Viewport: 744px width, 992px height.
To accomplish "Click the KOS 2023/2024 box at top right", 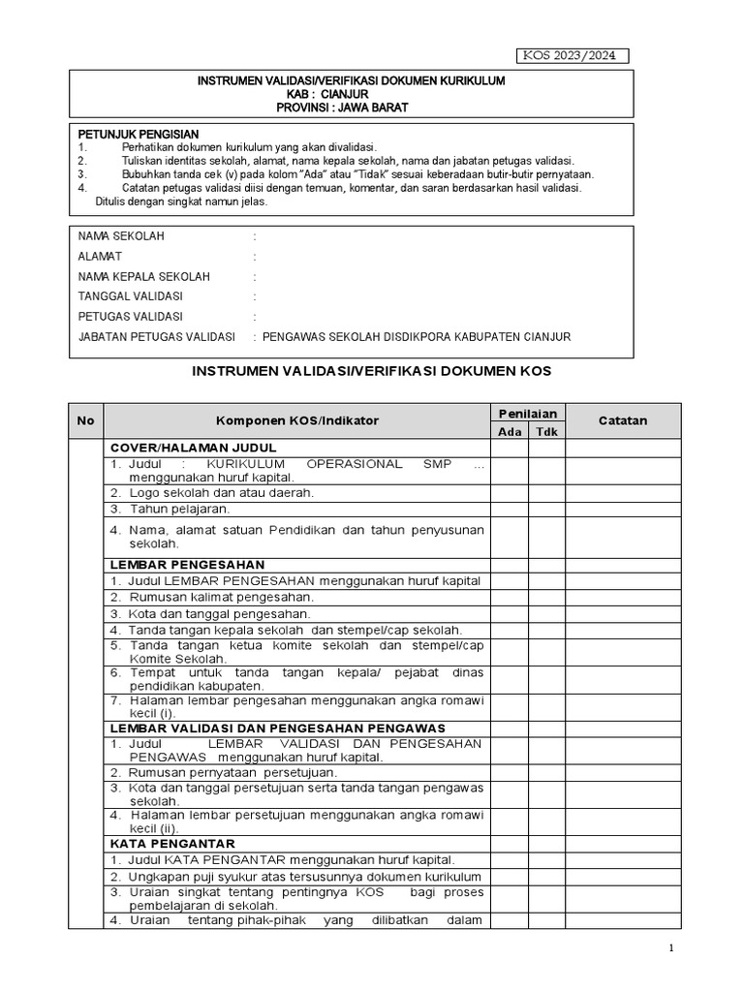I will click(571, 55).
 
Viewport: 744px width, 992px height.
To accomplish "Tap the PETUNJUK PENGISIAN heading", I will click(138, 134).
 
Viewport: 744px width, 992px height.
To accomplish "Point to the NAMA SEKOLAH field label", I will click(121, 236).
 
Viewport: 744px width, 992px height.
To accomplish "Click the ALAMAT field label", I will click(99, 257).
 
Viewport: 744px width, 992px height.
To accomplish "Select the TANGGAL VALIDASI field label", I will click(130, 296).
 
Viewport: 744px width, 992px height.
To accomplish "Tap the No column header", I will click(85, 420).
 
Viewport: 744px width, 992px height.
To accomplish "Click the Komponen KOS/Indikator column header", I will click(297, 420).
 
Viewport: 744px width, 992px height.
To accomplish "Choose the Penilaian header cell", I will click(528, 413).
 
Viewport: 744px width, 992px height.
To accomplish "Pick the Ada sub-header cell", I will click(510, 431).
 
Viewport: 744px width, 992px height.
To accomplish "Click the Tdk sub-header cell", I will click(546, 431).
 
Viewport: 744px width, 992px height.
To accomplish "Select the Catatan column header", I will click(623, 420).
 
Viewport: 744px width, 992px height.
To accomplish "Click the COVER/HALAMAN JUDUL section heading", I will click(194, 448).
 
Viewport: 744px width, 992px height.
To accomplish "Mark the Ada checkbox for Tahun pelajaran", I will click(510, 509).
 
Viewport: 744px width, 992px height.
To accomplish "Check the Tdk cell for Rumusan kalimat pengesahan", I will click(546, 597).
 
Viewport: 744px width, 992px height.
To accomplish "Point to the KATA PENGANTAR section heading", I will click(172, 844).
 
